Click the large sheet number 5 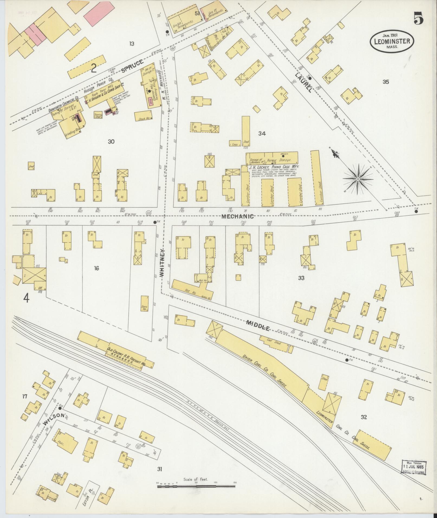[419, 19]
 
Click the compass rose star [358, 179]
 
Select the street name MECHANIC [237, 216]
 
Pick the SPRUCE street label [132, 66]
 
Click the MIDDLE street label [258, 325]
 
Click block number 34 [262, 133]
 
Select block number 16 [96, 268]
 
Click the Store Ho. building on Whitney [144, 304]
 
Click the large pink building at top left [96, 13]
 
